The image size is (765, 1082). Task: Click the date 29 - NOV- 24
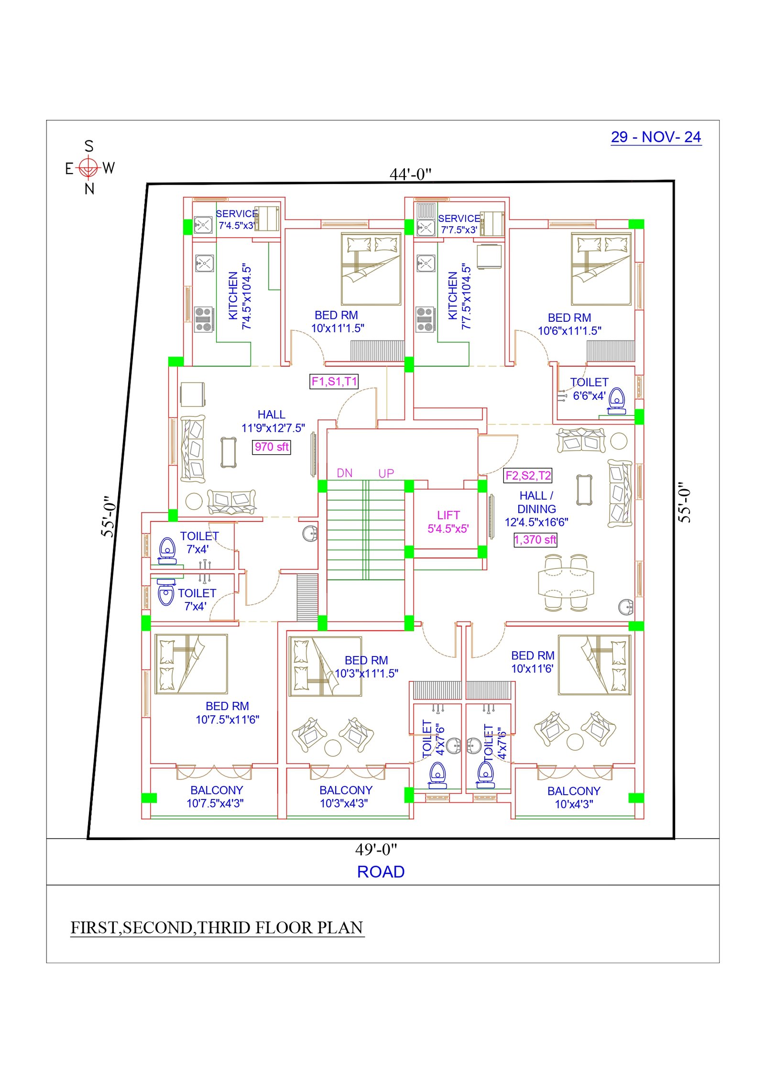[656, 137]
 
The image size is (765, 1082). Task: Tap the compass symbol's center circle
[88, 167]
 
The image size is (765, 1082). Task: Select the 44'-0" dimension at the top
[410, 174]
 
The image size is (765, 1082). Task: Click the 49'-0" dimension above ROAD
[376, 849]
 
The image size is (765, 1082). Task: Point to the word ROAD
[381, 872]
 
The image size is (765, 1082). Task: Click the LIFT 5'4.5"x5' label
[448, 522]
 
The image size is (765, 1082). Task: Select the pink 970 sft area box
[271, 447]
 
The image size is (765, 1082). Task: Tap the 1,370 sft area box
[535, 540]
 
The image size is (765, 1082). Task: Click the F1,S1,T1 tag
[334, 381]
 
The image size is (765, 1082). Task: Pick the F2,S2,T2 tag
[528, 475]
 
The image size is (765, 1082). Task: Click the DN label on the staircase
[344, 473]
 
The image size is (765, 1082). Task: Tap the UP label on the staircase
[386, 473]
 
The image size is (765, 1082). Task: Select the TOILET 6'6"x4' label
[589, 389]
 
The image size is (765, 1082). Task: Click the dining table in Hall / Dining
[566, 582]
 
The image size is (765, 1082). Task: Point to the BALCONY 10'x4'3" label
[574, 798]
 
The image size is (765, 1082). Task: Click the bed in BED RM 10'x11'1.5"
[371, 269]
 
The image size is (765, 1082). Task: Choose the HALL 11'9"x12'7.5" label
[273, 421]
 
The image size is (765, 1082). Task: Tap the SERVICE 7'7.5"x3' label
[459, 224]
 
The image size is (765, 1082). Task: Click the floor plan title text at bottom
[217, 928]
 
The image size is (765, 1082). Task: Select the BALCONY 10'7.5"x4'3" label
[216, 797]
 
